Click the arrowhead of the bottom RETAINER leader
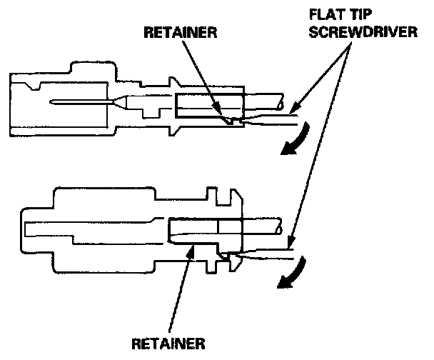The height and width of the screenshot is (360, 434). (x=191, y=244)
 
